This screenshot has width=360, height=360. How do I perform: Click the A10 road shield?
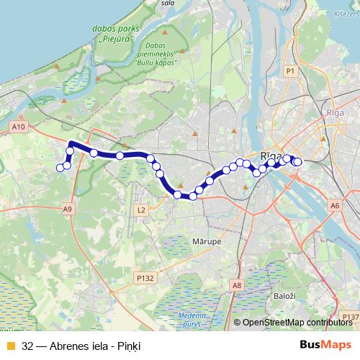[x=19, y=127]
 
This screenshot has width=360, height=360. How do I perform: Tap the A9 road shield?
[x=68, y=209]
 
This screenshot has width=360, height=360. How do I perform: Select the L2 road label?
[x=140, y=210]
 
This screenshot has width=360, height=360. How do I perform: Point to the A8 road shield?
[x=238, y=286]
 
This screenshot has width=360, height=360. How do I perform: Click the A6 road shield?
[x=335, y=206]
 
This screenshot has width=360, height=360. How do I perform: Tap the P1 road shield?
[x=290, y=71]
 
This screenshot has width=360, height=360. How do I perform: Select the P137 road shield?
[x=351, y=315]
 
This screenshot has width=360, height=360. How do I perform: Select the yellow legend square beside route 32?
[x=10, y=346]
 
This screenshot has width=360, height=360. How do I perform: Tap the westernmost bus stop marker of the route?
[x=60, y=168]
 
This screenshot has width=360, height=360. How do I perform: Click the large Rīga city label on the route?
[x=271, y=156]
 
